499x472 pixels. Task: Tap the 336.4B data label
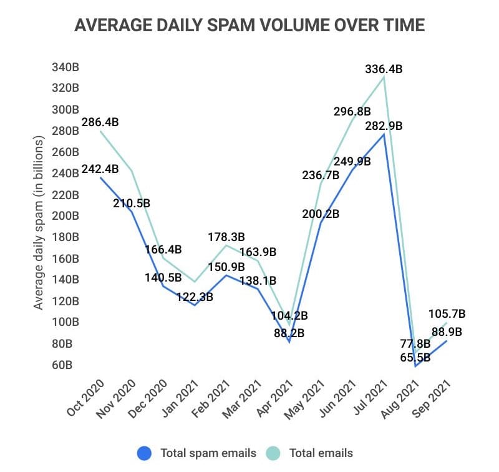tap(384, 69)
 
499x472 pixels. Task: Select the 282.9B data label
tap(384, 126)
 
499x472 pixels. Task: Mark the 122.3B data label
tap(194, 297)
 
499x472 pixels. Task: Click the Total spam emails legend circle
tap(145, 453)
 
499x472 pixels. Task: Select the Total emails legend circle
tap(274, 453)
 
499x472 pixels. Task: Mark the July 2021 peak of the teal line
tap(384, 77)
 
